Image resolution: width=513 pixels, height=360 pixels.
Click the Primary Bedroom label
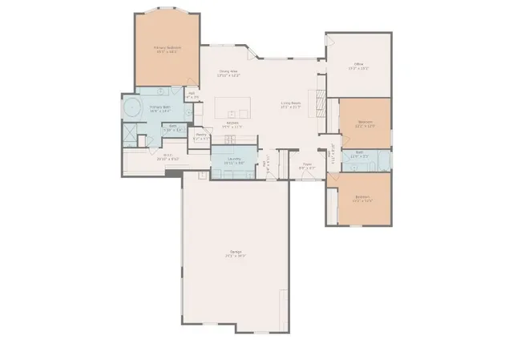pos(168,48)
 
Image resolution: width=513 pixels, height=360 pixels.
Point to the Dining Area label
pos(228,72)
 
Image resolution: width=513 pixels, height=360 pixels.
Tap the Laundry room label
pos(234,159)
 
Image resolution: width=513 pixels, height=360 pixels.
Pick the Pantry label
pos(201,135)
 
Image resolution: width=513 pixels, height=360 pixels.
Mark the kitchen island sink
pos(232,113)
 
